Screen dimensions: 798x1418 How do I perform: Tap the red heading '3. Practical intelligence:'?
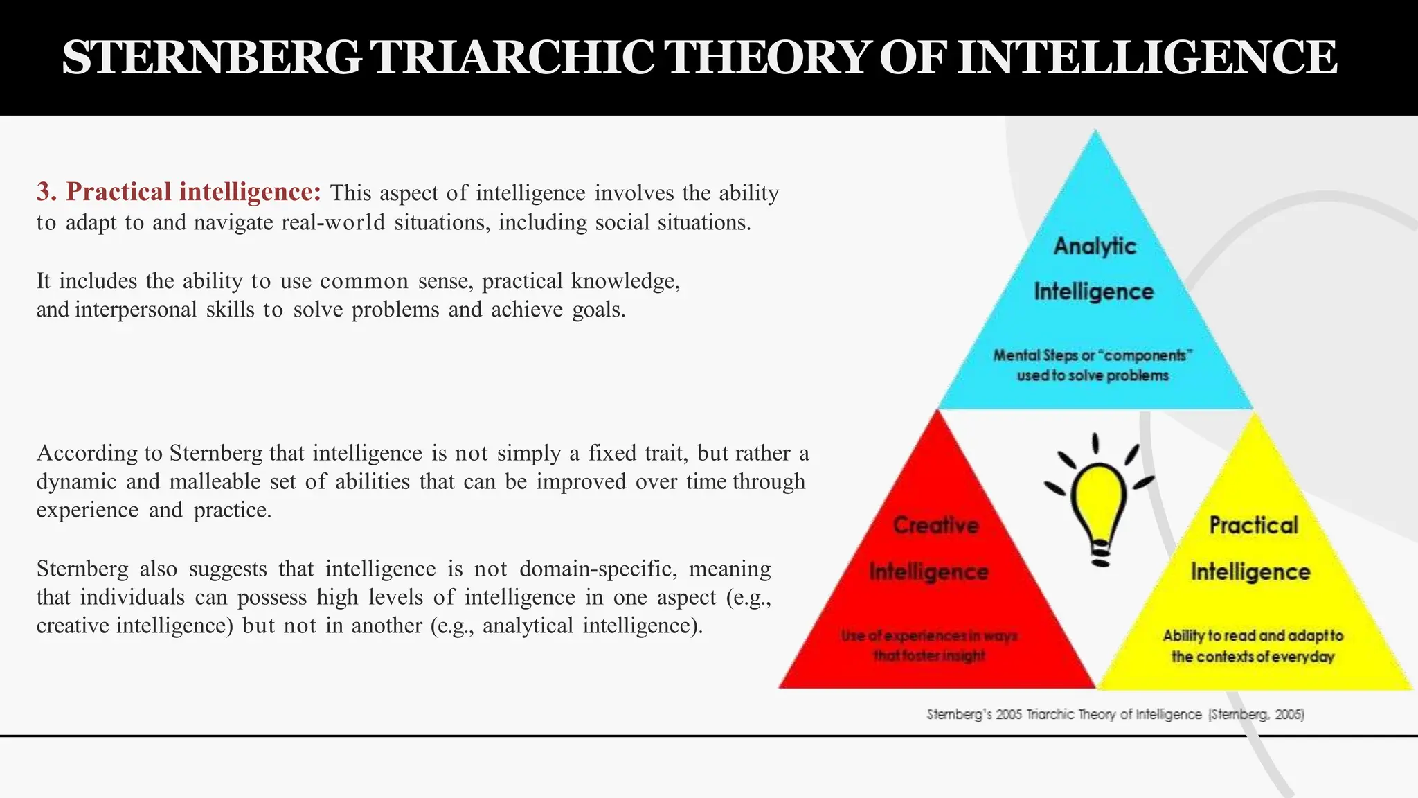coord(179,192)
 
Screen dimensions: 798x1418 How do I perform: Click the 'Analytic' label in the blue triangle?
coord(1095,246)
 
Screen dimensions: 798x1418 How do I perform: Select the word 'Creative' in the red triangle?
coord(935,525)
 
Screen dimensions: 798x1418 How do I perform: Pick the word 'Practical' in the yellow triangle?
coord(1253,525)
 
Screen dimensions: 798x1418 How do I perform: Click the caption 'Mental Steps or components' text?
coord(1093,355)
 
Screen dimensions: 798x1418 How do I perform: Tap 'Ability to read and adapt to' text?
coord(1253,635)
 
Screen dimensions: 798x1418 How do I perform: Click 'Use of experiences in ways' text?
coord(928,635)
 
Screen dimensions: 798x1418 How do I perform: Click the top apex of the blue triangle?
coord(1095,133)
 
